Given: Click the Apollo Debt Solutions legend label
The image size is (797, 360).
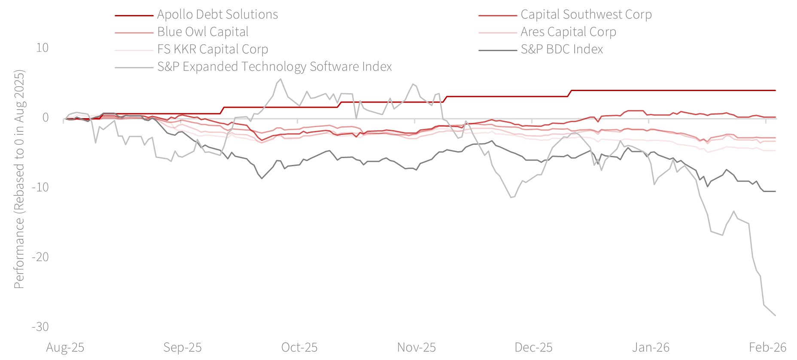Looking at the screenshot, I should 217,15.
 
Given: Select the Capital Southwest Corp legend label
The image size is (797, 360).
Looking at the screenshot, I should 586,15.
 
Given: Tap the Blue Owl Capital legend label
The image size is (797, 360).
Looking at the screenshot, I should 203,32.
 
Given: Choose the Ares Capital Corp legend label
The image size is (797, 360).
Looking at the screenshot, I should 568,32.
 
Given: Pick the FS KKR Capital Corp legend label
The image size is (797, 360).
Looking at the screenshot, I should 213,49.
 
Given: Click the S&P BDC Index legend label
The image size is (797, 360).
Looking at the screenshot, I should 562,49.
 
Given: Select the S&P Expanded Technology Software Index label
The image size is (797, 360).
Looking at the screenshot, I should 274,67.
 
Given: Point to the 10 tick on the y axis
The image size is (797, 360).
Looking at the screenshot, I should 42,48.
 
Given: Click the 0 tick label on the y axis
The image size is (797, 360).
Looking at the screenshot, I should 46,118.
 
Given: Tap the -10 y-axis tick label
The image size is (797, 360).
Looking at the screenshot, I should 40,187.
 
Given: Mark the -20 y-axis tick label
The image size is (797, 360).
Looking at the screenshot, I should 40,257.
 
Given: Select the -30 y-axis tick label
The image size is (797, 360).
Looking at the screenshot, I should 40,327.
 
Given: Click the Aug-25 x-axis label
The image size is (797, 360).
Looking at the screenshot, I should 65,348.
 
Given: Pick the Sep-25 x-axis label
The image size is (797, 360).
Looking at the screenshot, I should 183,348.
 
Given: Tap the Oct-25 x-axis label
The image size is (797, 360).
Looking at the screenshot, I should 299,348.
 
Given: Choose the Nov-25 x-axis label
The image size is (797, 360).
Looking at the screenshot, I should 417,348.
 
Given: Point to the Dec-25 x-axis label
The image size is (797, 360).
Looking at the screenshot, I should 533,348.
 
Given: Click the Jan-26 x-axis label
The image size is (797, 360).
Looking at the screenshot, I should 651,348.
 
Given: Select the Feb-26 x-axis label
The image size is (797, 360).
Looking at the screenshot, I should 768,348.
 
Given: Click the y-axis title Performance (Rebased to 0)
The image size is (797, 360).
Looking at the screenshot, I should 19,179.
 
